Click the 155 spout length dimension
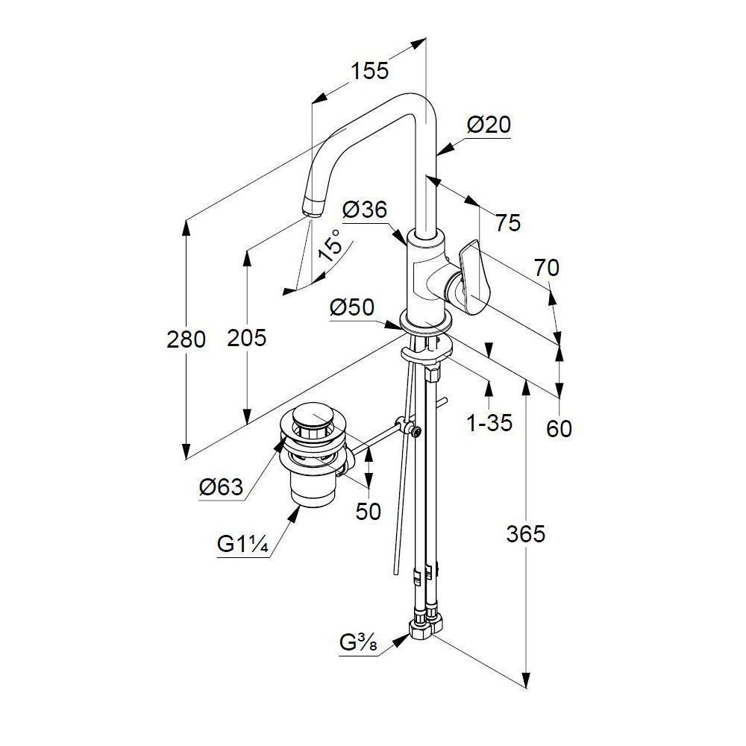(371, 71)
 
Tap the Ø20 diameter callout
(489, 125)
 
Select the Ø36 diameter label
(365, 211)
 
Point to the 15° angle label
(330, 245)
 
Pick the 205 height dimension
(246, 338)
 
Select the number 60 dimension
(559, 428)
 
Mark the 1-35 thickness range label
(489, 424)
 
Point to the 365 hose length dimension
(526, 533)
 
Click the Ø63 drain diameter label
(222, 488)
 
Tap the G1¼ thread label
(241, 544)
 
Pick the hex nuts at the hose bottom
(423, 625)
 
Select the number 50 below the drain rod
(369, 511)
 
